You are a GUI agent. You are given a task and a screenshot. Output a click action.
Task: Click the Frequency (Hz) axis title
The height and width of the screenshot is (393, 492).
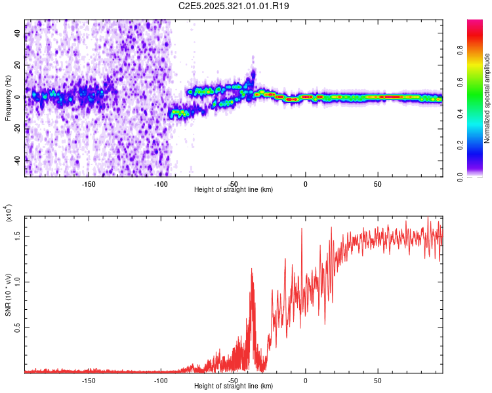[8, 98]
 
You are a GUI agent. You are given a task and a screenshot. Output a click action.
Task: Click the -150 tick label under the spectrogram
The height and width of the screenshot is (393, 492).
[89, 183]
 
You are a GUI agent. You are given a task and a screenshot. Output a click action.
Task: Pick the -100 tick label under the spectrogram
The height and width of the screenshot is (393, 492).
[161, 183]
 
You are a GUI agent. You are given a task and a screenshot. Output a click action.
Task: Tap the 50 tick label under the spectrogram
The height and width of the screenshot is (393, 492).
[377, 183]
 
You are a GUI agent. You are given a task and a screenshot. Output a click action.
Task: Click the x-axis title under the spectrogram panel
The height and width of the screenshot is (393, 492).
[234, 189]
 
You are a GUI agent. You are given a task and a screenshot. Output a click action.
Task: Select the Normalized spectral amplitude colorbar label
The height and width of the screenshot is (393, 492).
[487, 98]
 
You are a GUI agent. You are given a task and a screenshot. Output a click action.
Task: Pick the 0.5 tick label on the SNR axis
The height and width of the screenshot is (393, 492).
[18, 327]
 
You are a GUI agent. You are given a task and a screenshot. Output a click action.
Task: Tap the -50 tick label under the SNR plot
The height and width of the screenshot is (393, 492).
[233, 380]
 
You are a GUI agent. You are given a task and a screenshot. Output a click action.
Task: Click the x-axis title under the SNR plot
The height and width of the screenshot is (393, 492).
[234, 386]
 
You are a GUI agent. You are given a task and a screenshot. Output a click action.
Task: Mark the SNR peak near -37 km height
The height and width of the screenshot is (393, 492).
[251, 268]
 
